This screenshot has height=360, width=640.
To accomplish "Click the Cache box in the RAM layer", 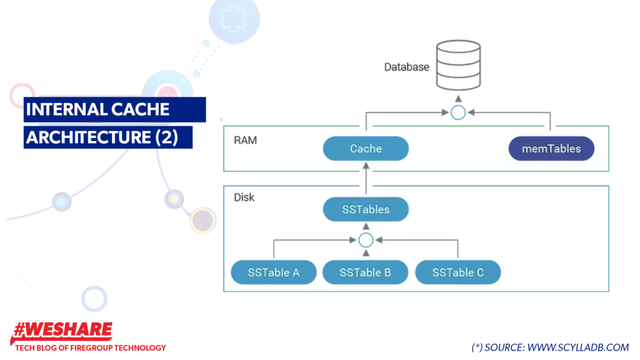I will [x=366, y=149].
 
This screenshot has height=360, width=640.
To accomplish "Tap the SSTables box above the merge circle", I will [x=366, y=209].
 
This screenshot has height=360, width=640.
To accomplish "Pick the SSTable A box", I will [x=273, y=272].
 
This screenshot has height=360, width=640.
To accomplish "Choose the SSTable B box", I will [x=366, y=272].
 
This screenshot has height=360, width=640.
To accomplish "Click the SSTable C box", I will [x=457, y=272].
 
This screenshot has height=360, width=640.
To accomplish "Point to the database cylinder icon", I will [x=458, y=65].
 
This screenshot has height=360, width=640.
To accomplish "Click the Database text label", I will [x=406, y=66].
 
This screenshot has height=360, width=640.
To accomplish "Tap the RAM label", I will [x=245, y=140].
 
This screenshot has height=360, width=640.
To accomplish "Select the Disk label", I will [x=244, y=197].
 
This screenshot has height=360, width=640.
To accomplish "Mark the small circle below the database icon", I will [x=458, y=113].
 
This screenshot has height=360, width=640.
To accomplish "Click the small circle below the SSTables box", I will [x=366, y=239].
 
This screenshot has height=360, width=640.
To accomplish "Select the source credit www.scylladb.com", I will [x=550, y=347].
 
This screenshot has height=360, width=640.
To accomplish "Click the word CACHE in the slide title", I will [x=141, y=109].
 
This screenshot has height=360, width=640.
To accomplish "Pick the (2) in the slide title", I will [x=166, y=137].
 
